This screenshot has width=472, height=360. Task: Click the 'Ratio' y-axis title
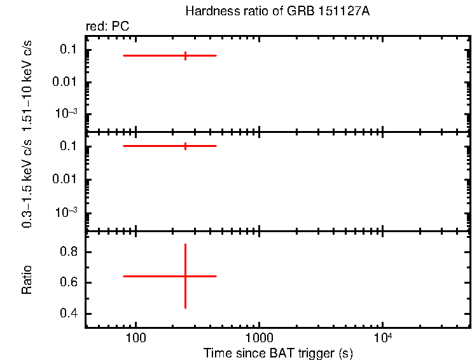point(27,280)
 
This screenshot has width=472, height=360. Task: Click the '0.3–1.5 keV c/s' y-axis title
point(27,181)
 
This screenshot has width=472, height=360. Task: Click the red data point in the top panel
point(185,56)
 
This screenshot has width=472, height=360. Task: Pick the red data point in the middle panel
point(185,146)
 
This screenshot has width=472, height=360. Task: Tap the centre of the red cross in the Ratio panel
point(185,276)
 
